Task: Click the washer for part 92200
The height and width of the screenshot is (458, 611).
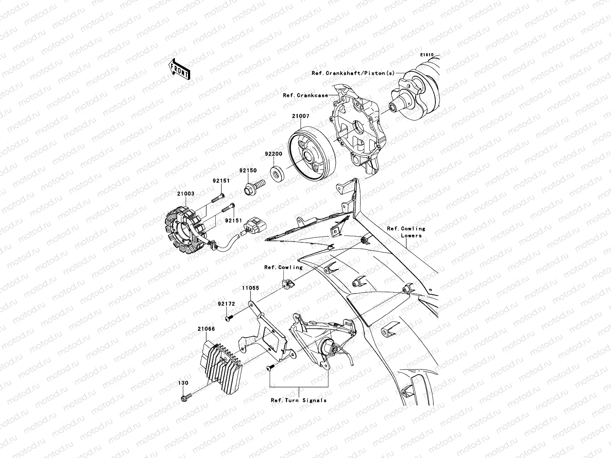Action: [278, 173]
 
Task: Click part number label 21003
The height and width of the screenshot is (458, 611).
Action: [186, 194]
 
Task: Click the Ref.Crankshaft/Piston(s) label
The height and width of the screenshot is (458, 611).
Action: [358, 73]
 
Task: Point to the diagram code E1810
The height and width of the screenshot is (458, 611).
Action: [427, 55]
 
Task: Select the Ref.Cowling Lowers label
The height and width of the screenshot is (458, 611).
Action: [406, 232]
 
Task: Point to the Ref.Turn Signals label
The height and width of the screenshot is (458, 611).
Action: [299, 400]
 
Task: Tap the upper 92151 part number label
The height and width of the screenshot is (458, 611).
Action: [221, 181]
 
